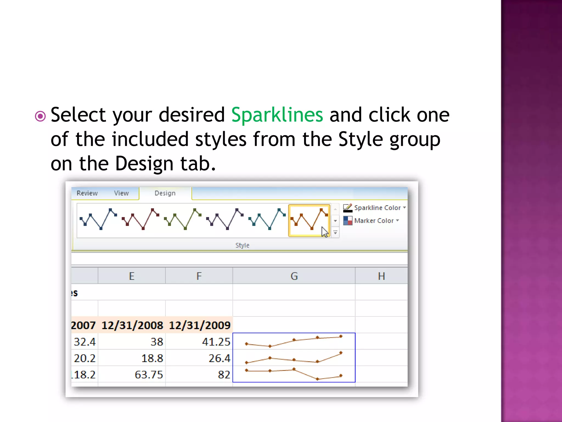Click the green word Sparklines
[x=277, y=115]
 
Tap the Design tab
[x=165, y=193]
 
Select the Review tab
[x=87, y=193]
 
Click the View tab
[x=121, y=193]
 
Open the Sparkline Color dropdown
[x=375, y=208]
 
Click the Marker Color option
[x=371, y=221]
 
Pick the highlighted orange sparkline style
[x=309, y=220]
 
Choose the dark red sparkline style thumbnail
[x=140, y=220]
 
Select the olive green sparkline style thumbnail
[x=182, y=220]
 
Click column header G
[x=294, y=276]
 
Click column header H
[x=381, y=276]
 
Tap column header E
[x=132, y=276]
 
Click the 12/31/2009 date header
[x=199, y=325]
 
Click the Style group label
[x=242, y=245]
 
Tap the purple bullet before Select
[x=40, y=116]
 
